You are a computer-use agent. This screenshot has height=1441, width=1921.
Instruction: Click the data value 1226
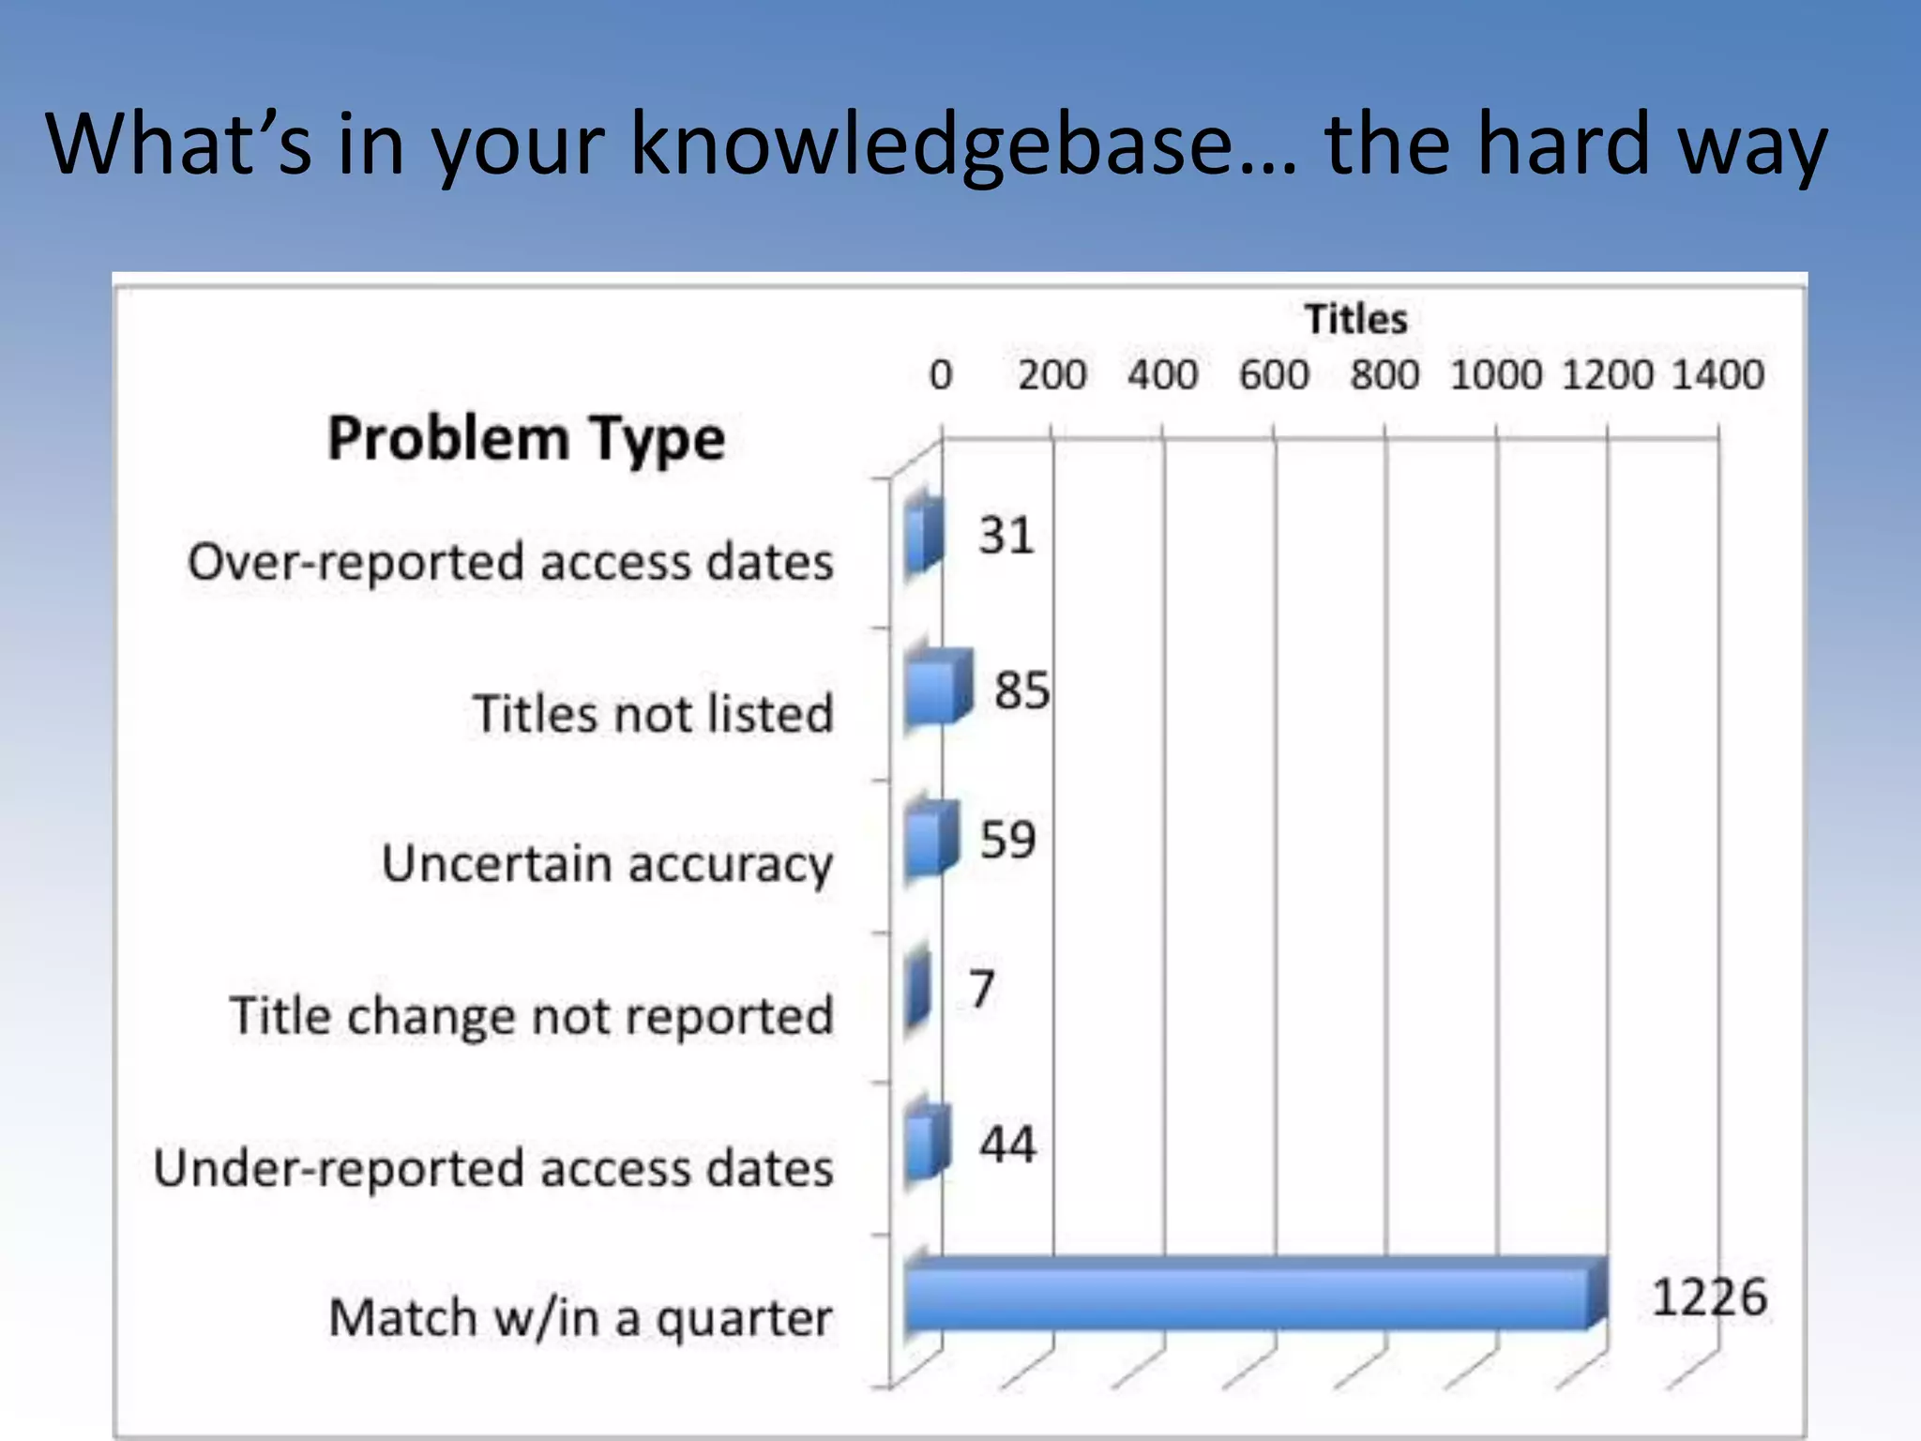click(x=1708, y=1298)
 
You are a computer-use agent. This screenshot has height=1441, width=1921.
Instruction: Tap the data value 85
click(x=1021, y=690)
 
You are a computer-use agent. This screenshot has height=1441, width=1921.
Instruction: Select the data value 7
click(x=981, y=989)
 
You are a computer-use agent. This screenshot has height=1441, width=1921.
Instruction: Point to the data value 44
click(x=1007, y=1145)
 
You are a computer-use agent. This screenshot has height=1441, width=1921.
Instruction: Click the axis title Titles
click(x=1355, y=320)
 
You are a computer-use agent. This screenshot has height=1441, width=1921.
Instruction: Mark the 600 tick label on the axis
click(x=1273, y=375)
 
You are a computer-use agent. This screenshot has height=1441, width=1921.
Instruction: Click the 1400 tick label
click(x=1717, y=375)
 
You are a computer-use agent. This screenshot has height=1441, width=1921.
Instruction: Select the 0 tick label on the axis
click(x=941, y=375)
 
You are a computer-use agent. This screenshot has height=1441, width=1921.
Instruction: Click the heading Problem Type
click(x=526, y=439)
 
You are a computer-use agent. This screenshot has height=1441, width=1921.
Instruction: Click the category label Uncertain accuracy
click(x=607, y=864)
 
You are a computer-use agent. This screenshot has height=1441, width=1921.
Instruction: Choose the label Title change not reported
click(x=531, y=1016)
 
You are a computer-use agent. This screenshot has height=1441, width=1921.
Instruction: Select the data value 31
click(x=1006, y=537)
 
